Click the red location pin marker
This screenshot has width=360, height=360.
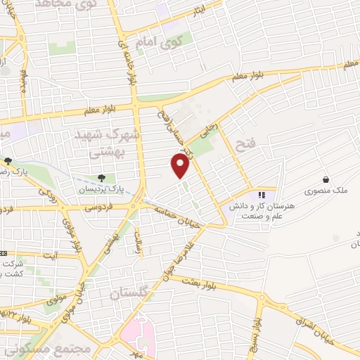pyautogui.click(x=181, y=165)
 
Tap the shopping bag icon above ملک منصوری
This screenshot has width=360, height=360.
pyautogui.click(x=326, y=179)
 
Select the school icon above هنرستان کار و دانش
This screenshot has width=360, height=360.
pyautogui.click(x=262, y=195)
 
